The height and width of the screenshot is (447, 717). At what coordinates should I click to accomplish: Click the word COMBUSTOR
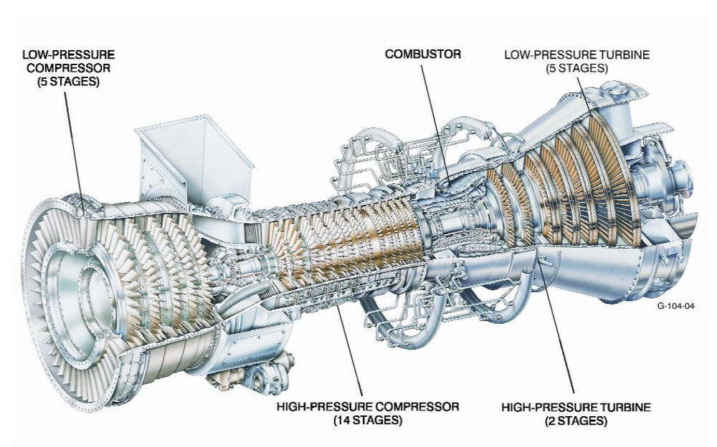422,54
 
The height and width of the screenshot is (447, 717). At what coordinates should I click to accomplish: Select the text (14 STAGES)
367,420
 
